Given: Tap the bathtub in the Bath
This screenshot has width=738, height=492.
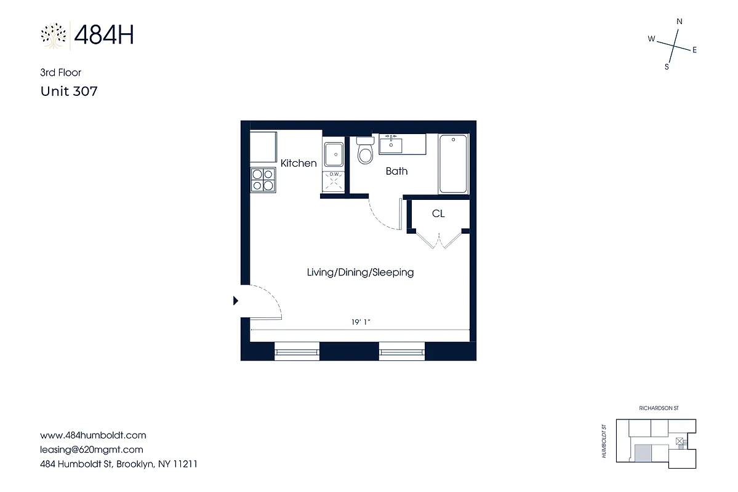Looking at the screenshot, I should [453, 164].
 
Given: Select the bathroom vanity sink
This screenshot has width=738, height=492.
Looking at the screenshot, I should [390, 146].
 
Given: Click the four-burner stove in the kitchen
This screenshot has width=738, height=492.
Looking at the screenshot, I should [262, 180].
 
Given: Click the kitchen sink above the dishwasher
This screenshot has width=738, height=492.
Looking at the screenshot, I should [334, 154].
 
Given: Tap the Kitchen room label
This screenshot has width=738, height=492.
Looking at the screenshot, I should [299, 163].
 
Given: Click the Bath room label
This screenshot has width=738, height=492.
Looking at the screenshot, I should [396, 171].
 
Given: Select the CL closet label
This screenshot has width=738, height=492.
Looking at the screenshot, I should [438, 214].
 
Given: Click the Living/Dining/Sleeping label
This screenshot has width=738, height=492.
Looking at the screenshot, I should [360, 272].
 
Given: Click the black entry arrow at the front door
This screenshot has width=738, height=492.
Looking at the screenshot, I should [235, 301].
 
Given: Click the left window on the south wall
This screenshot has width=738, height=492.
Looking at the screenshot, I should [297, 352].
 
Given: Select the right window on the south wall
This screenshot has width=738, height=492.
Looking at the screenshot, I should [402, 352].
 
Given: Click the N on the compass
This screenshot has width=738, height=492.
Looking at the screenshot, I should [680, 22].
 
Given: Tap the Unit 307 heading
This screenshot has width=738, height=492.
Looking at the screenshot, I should [69, 92].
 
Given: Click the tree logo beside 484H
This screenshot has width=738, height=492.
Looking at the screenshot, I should [54, 36].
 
